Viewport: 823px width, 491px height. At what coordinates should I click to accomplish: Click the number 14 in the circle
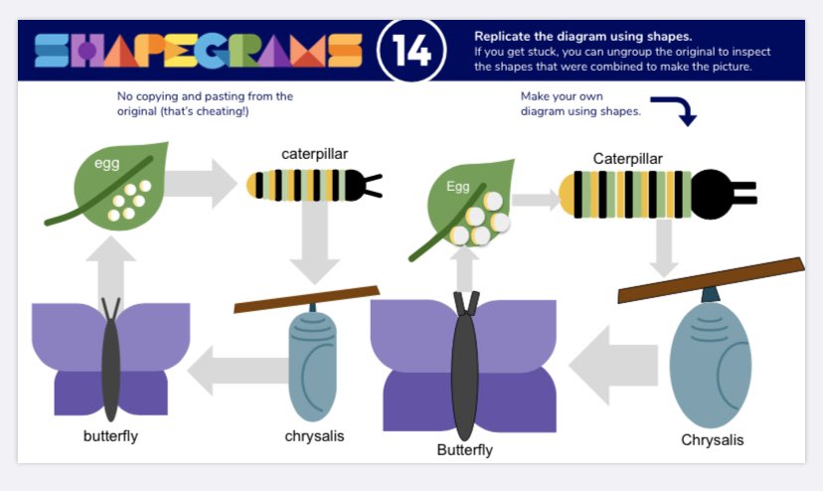pyautogui.click(x=411, y=51)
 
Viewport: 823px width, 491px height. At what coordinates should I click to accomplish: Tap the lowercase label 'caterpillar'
pyautogui.click(x=314, y=154)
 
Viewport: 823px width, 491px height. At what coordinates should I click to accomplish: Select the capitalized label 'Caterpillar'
pyautogui.click(x=628, y=159)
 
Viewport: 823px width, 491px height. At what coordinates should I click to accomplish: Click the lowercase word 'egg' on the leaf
pyautogui.click(x=107, y=163)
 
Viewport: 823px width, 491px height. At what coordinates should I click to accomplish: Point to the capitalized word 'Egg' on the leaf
pyautogui.click(x=457, y=187)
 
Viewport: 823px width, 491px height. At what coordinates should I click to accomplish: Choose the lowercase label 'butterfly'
pyautogui.click(x=110, y=436)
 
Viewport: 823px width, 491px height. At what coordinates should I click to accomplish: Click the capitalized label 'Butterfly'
pyautogui.click(x=464, y=450)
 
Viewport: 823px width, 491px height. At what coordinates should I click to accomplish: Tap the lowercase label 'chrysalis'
pyautogui.click(x=314, y=436)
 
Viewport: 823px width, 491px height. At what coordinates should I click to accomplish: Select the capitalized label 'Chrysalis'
pyautogui.click(x=713, y=439)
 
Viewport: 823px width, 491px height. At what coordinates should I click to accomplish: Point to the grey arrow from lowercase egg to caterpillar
pyautogui.click(x=201, y=183)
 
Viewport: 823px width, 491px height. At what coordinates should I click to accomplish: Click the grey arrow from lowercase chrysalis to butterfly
pyautogui.click(x=238, y=370)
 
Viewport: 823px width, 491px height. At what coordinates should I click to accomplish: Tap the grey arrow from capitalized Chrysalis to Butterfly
pyautogui.click(x=613, y=365)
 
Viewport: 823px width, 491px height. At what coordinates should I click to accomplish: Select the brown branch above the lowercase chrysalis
pyautogui.click(x=306, y=299)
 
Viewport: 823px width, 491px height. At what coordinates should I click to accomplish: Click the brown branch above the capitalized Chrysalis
pyautogui.click(x=712, y=280)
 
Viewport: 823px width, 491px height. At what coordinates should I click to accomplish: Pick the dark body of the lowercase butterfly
pyautogui.click(x=110, y=368)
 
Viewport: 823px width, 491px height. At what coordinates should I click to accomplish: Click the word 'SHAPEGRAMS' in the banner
pyautogui.click(x=199, y=51)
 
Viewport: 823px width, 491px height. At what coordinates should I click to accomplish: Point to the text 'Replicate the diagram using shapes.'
pyautogui.click(x=583, y=36)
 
